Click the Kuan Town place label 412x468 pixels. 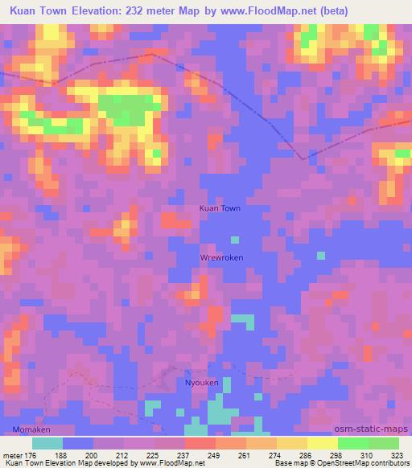(x=220, y=208)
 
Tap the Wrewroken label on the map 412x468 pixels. (x=221, y=257)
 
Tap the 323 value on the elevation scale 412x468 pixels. (x=398, y=454)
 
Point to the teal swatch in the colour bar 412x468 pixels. (x=47, y=443)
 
